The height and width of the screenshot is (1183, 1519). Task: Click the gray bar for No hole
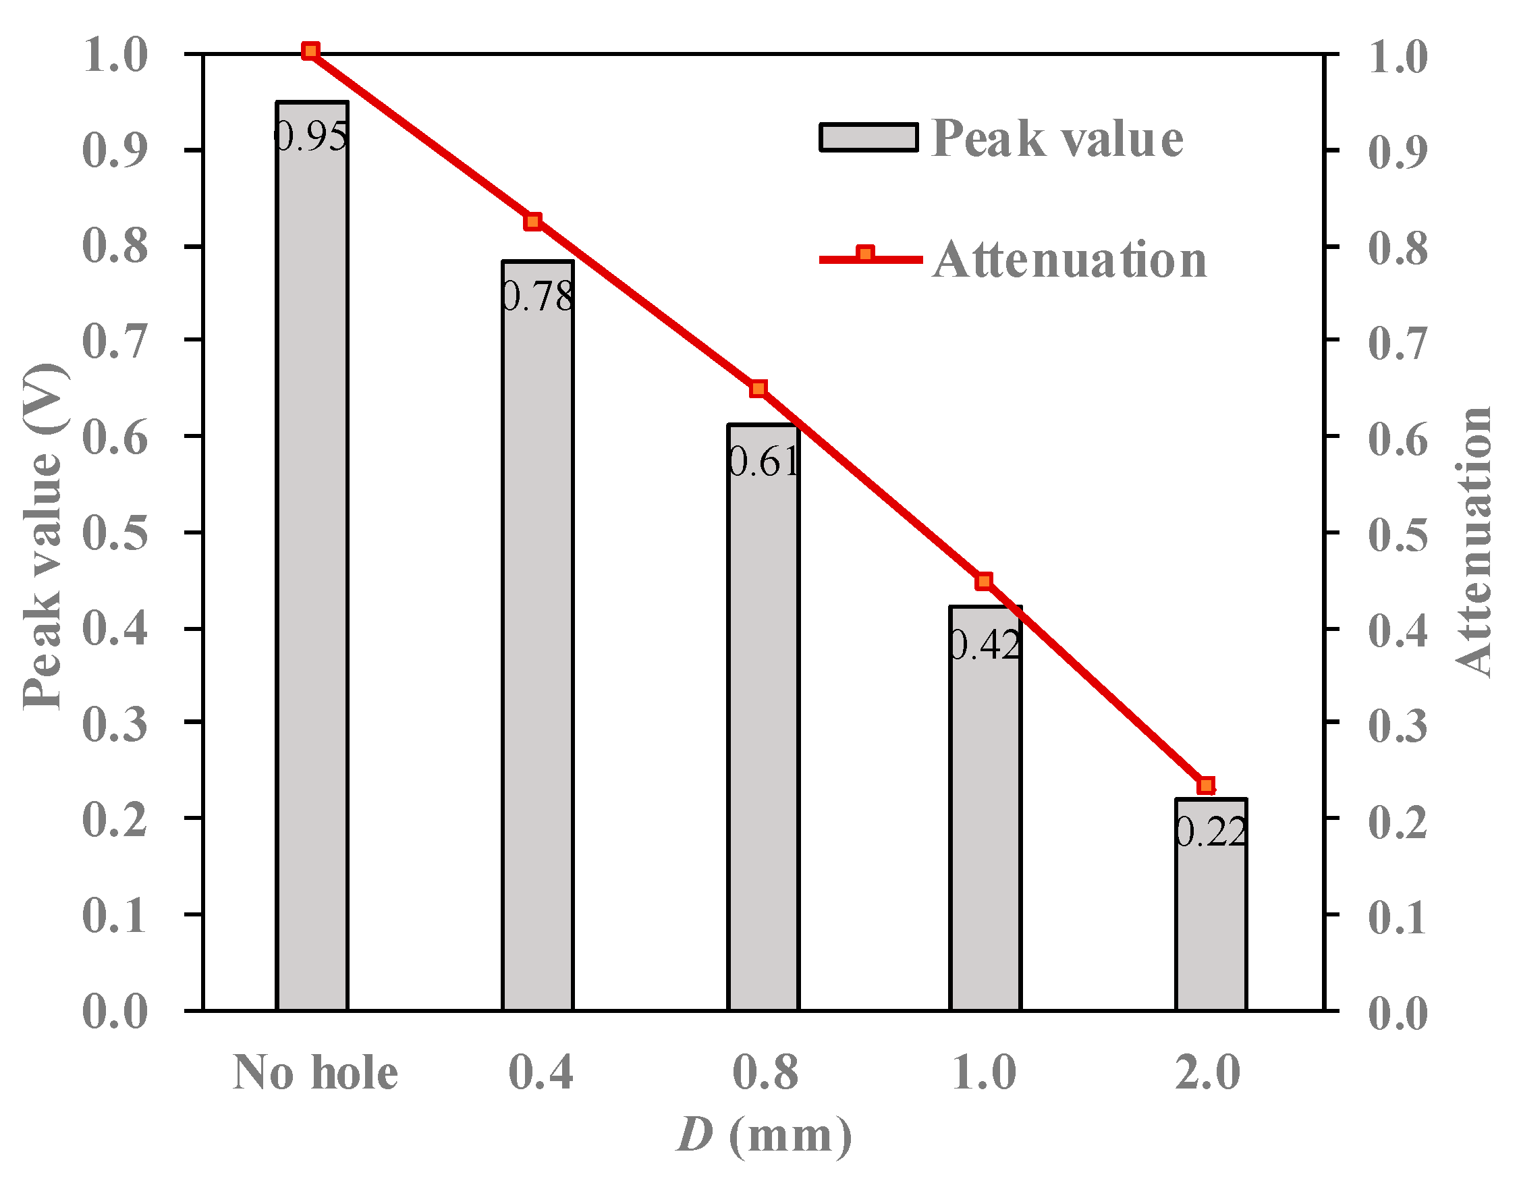[312, 556]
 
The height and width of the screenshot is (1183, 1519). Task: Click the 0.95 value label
[311, 136]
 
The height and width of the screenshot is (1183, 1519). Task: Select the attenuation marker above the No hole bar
[311, 51]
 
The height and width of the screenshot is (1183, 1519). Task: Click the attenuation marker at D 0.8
[758, 389]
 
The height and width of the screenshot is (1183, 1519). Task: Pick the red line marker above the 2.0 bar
[1207, 786]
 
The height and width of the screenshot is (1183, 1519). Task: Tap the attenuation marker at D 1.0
[983, 582]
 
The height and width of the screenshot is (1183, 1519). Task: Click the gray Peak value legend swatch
[868, 138]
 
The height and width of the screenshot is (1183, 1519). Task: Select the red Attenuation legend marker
[865, 254]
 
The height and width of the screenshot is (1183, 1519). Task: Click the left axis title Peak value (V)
[43, 536]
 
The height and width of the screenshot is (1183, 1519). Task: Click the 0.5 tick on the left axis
[115, 533]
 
